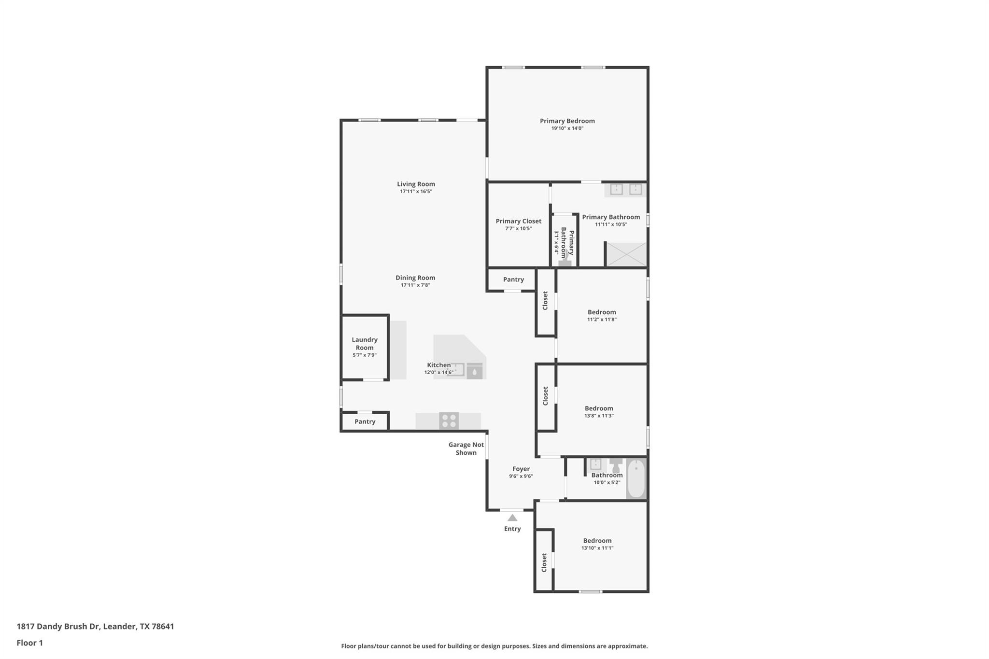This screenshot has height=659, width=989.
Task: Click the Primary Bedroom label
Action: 567,121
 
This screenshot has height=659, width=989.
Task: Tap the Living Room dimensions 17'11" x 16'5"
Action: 416,192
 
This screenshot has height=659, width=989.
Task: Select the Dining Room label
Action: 415,278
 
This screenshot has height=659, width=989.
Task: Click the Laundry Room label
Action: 365,344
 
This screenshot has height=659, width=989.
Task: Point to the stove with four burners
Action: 449,421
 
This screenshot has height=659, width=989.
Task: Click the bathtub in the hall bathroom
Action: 636,478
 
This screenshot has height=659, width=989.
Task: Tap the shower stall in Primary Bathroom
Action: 626,254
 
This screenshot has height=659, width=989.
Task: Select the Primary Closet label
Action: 519,221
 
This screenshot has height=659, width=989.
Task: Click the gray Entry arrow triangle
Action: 512,518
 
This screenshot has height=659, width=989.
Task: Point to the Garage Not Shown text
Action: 466,449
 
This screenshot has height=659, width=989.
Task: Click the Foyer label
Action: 521,469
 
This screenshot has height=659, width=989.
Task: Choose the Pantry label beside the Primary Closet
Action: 513,280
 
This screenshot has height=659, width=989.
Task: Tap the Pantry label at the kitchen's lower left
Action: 365,421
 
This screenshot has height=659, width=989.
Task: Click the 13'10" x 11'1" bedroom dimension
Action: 597,548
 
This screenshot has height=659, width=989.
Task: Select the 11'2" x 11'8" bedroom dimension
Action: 602,320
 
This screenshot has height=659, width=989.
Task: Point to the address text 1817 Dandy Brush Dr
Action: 58,627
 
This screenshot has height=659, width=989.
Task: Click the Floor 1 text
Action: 30,643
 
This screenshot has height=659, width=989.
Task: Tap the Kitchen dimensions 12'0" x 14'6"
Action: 439,373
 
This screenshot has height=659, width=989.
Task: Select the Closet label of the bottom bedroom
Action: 544,563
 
